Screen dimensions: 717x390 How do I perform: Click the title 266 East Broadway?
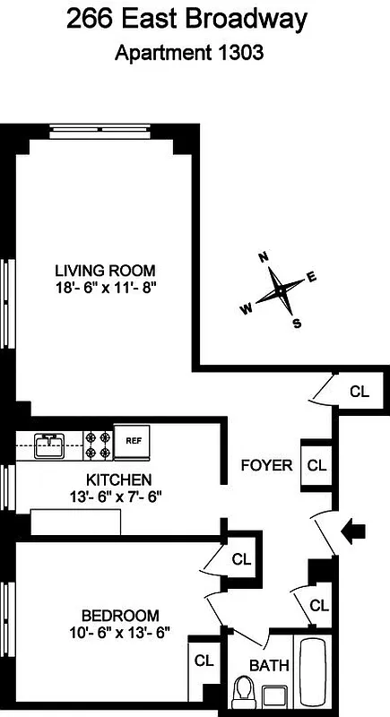195,19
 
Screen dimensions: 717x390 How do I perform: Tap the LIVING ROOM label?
105,270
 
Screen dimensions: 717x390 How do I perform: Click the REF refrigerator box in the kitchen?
134,440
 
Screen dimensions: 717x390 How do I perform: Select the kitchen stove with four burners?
99,440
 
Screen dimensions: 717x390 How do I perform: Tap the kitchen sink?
50,440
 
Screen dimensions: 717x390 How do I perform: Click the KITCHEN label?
118,479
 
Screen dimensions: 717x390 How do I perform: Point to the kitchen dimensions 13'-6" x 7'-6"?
117,495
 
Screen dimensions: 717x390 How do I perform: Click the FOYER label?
267,465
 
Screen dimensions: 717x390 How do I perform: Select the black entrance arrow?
355,532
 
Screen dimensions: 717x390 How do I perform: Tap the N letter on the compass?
264,257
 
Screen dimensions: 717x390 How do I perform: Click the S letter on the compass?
296,324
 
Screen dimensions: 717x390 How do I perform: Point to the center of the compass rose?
281,290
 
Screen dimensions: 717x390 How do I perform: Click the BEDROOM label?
120,616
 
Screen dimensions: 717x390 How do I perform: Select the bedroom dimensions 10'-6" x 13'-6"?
120,632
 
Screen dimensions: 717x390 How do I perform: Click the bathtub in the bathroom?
315,672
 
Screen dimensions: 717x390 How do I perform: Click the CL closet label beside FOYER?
317,465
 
